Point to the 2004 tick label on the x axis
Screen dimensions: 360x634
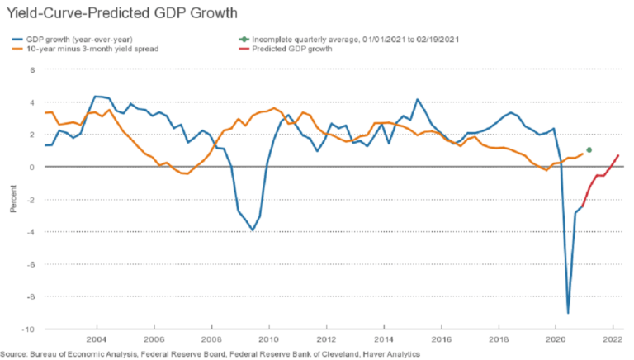tap(96, 340)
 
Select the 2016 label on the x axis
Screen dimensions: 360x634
tap(440, 340)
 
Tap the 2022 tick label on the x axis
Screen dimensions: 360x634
tap(613, 340)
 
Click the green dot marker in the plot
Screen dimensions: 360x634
tap(589, 149)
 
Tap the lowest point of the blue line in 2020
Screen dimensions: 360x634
tap(568, 313)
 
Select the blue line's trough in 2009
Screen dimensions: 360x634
tap(253, 230)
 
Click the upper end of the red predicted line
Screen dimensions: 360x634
tap(618, 155)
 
